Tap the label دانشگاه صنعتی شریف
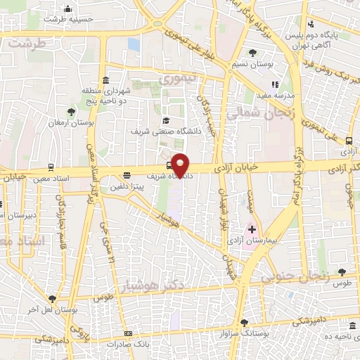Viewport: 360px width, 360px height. coord(165,131)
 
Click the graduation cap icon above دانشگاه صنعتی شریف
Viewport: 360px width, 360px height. coord(165,120)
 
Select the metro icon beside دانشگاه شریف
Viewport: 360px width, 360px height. coord(169,166)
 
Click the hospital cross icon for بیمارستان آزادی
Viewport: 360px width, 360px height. coord(252,229)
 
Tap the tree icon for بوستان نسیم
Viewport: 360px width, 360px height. coord(252,53)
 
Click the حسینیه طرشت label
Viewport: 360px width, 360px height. coord(67,20)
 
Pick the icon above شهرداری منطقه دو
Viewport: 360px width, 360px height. coord(105,79)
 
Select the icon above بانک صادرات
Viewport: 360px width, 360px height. coord(127,333)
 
